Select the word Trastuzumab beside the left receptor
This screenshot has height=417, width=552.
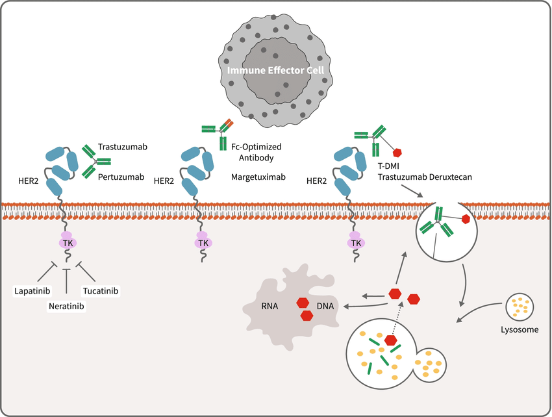pyautogui.click(x=123, y=147)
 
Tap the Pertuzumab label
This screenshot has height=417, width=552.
pyautogui.click(x=121, y=176)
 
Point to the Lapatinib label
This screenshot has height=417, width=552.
pyautogui.click(x=32, y=290)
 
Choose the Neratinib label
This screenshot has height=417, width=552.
pyautogui.click(x=68, y=305)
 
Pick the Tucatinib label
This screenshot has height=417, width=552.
pyautogui.click(x=101, y=290)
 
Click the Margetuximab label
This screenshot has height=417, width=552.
pyautogui.click(x=257, y=176)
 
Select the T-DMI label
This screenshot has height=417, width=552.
pyautogui.click(x=390, y=166)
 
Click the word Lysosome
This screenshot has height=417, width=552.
pyautogui.click(x=521, y=330)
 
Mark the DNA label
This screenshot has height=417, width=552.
pyautogui.click(x=326, y=305)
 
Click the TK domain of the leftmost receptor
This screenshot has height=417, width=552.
pyautogui.click(x=68, y=242)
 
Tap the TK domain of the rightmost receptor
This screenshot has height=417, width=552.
pyautogui.click(x=355, y=243)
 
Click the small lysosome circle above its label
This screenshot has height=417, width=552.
pyautogui.click(x=520, y=306)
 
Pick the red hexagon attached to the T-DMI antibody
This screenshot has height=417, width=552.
pyautogui.click(x=398, y=153)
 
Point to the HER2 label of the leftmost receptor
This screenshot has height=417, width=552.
pyautogui.click(x=28, y=181)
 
